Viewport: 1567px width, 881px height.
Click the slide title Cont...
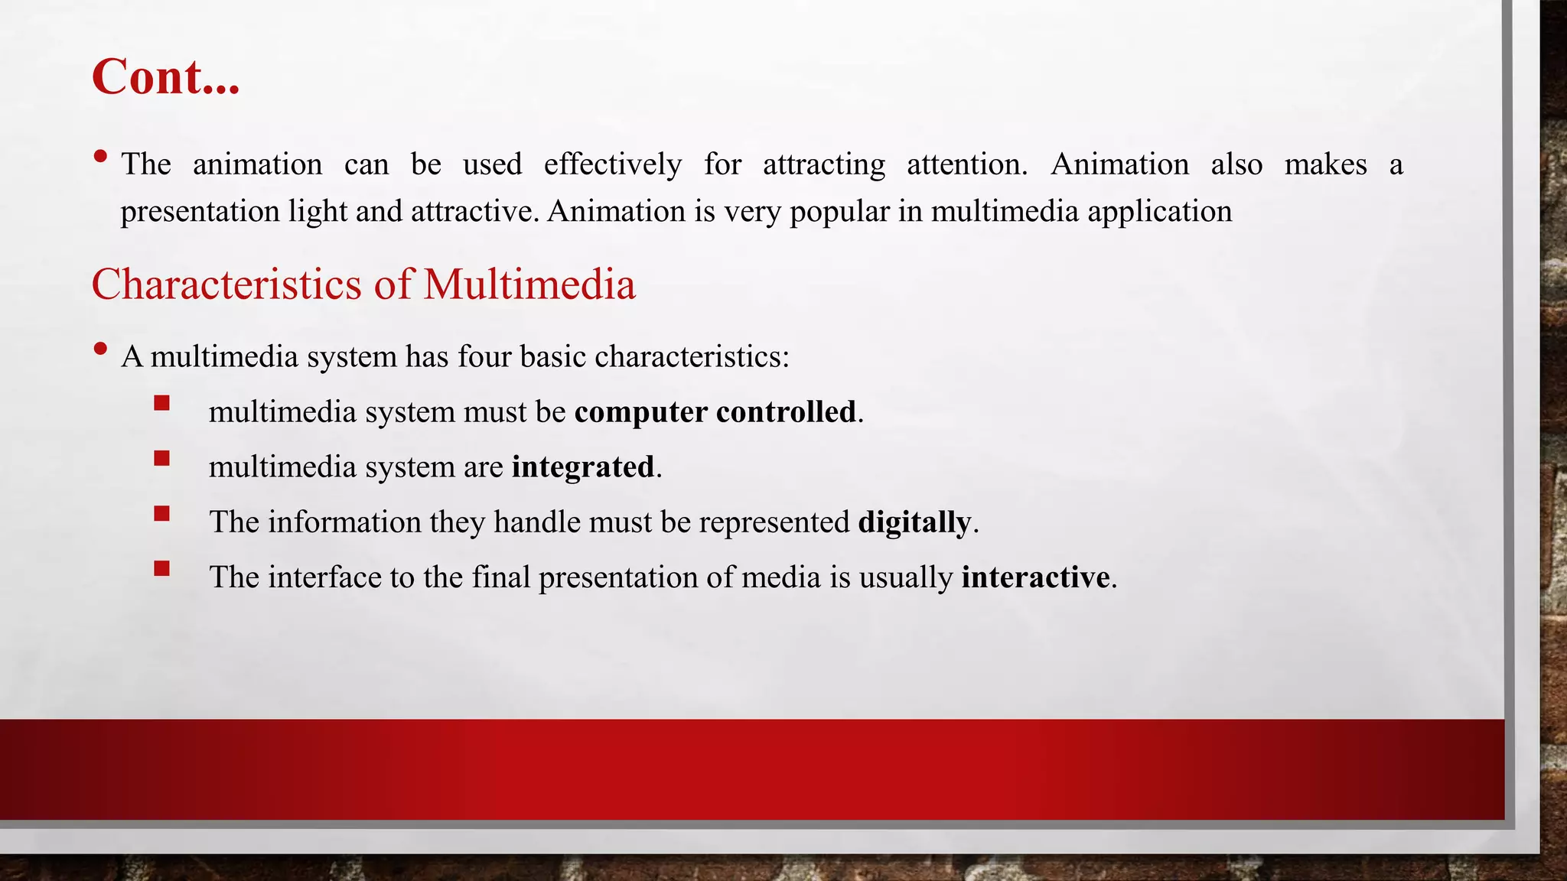point(165,77)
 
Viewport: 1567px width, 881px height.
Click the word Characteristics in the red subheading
point(226,284)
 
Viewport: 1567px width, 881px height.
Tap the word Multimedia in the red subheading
point(529,284)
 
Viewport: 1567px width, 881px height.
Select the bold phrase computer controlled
point(715,412)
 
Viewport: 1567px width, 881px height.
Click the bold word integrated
point(583,467)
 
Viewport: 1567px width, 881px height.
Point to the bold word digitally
point(914,522)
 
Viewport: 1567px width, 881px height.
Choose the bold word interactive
point(1035,577)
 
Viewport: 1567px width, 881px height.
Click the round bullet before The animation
point(100,157)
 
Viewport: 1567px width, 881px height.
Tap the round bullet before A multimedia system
point(100,349)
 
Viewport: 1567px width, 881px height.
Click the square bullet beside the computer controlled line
point(161,403)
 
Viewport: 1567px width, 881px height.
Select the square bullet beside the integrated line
point(161,458)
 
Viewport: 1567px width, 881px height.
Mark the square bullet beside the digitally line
point(161,513)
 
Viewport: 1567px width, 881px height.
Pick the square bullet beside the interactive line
point(161,568)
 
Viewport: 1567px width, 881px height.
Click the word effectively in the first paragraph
point(613,165)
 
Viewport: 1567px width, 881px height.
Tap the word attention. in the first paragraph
point(967,165)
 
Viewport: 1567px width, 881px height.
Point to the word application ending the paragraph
point(1159,212)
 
